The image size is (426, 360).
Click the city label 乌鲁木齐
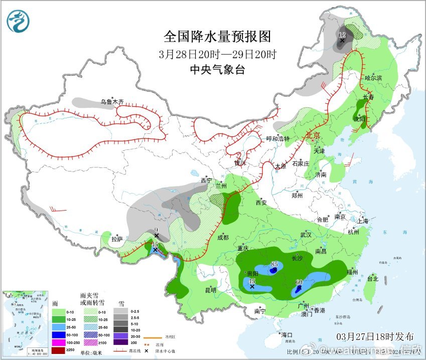click(x=111, y=102)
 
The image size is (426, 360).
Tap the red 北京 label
click(x=313, y=135)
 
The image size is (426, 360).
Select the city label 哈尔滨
click(x=373, y=78)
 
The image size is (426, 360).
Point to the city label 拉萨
click(x=116, y=239)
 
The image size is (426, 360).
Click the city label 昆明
click(x=210, y=290)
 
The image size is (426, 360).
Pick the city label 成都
click(x=222, y=237)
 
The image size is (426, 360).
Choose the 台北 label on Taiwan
click(x=372, y=279)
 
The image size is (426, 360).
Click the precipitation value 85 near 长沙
click(x=274, y=264)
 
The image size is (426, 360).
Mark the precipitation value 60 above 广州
click(x=299, y=282)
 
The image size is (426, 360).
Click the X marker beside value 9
click(x=157, y=236)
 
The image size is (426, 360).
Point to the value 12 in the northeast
click(x=342, y=35)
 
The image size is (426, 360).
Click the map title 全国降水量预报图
click(x=217, y=37)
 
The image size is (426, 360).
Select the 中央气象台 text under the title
click(x=217, y=70)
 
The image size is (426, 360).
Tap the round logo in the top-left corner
click(x=18, y=21)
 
